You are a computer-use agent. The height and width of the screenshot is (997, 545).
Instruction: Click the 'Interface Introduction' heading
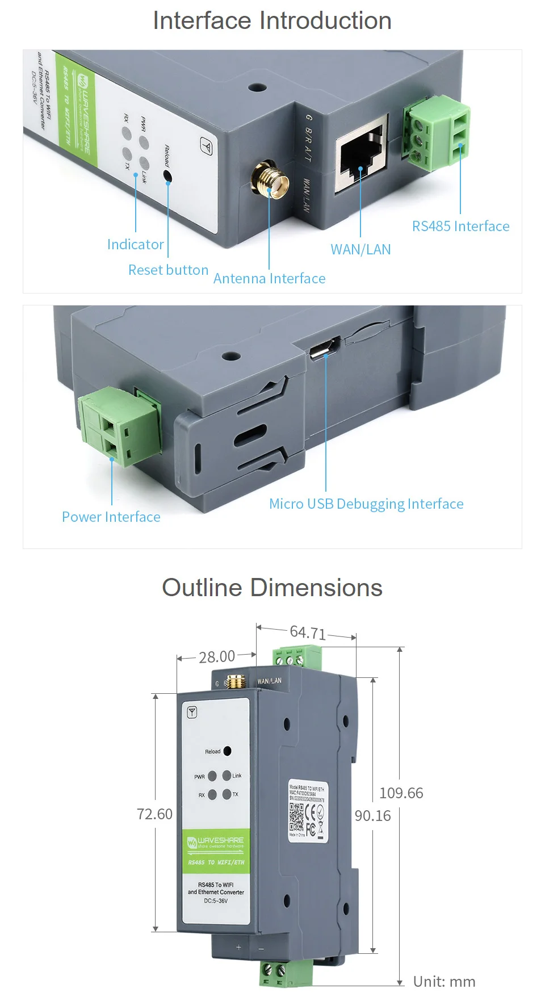[x=272, y=21]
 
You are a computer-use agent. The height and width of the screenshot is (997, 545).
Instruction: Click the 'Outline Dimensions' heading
[x=272, y=588]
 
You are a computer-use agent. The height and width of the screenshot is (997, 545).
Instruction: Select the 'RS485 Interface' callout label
[x=460, y=226]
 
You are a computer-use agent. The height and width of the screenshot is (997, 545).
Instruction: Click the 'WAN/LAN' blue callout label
[x=360, y=249]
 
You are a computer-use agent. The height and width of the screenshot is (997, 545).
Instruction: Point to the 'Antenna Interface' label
[x=269, y=278]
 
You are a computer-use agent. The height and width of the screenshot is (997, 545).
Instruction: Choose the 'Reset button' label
[x=168, y=270]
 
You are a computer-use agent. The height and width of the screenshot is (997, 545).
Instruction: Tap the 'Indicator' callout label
[x=135, y=244]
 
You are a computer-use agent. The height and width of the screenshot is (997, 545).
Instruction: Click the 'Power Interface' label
[x=111, y=517]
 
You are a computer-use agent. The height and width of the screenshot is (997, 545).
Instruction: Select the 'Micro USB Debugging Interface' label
[x=366, y=504]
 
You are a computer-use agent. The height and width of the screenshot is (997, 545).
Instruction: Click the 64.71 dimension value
[x=308, y=632]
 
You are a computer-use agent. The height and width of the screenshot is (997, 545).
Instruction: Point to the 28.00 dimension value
[x=217, y=657]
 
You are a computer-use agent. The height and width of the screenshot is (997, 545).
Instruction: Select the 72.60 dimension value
[x=154, y=814]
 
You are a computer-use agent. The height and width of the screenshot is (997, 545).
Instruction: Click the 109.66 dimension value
[x=401, y=793]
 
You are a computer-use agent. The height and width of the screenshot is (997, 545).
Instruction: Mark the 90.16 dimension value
[x=372, y=815]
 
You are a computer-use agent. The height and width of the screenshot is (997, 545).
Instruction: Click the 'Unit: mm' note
[x=444, y=981]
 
